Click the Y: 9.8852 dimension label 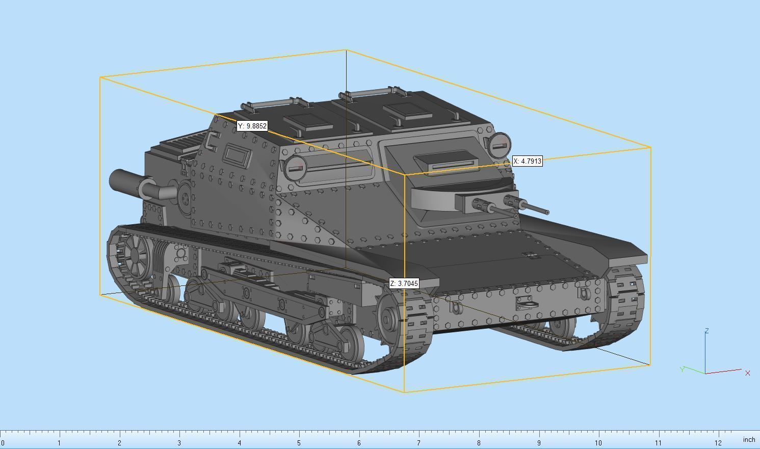pos(252,126)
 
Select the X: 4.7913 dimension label pos(528,161)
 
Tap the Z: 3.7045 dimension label pos(404,283)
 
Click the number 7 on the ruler pos(418,443)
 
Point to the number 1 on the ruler pos(59,443)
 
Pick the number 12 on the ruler pos(718,443)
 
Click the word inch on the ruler pos(749,439)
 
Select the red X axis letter pos(747,373)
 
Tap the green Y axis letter pos(682,369)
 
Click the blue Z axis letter pos(706,331)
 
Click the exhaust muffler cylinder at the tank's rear pos(125,182)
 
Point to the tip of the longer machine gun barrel pos(547,212)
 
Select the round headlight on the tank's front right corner pos(499,146)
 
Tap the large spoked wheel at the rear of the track pos(135,254)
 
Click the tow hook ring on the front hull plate pos(528,304)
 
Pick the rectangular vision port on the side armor pos(237,155)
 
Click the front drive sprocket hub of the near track pos(388,320)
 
